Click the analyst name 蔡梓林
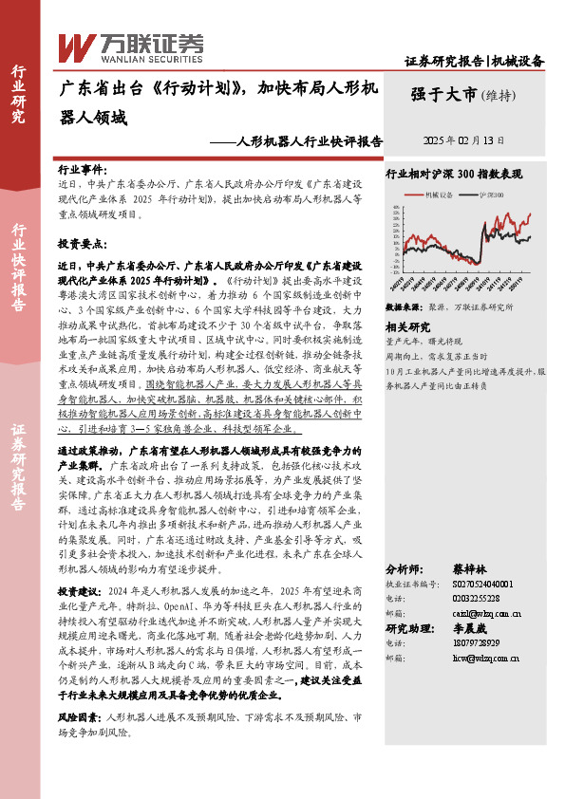(x=471, y=569)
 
